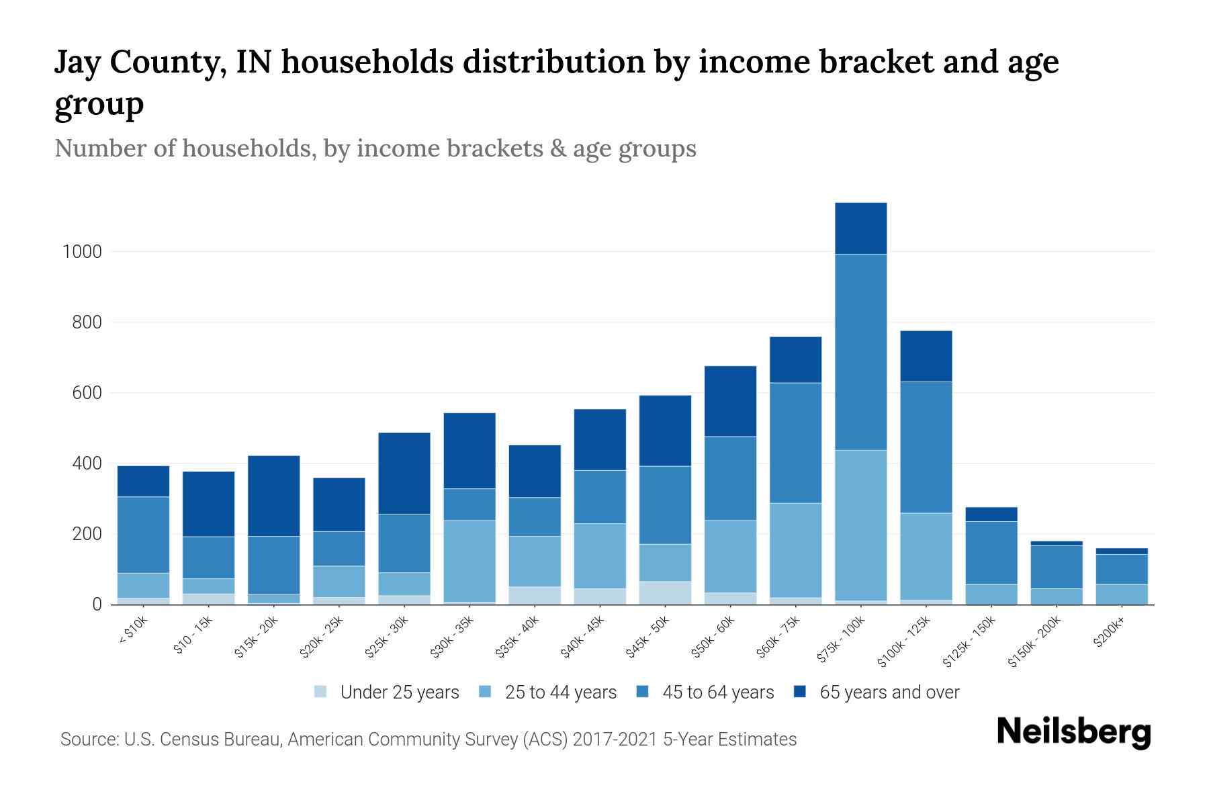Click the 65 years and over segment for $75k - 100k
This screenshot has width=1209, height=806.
click(x=860, y=228)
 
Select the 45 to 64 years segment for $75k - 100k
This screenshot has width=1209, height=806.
click(x=860, y=352)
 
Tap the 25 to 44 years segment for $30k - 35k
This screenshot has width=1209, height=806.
click(x=469, y=561)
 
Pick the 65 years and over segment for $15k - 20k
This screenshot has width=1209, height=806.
click(x=273, y=496)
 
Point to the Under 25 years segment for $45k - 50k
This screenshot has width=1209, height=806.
click(x=665, y=592)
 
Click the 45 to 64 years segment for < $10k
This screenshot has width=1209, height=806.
click(x=143, y=535)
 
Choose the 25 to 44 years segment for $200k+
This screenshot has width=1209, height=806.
click(x=1122, y=594)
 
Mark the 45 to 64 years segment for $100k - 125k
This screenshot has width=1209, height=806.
click(x=926, y=447)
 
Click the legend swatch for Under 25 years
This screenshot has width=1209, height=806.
click(x=321, y=692)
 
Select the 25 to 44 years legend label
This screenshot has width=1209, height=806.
click(x=560, y=692)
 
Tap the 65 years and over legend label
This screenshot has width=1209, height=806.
click(x=889, y=692)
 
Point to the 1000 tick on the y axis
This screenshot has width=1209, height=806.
click(x=82, y=252)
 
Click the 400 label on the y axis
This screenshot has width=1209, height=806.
click(x=87, y=463)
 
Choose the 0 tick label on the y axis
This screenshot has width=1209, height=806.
click(x=97, y=604)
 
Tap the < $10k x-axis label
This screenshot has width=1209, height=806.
click(x=134, y=631)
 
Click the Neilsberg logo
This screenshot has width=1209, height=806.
click(x=1073, y=732)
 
